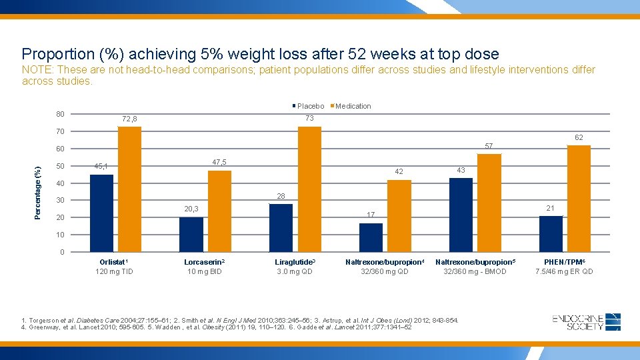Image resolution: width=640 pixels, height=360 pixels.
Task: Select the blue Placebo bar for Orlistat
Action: [x=101, y=213]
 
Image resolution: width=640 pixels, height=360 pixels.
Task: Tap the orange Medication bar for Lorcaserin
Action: [x=219, y=211]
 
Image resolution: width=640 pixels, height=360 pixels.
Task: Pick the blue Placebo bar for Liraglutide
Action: [x=281, y=227]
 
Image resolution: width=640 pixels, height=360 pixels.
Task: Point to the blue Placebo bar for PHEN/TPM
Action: [x=551, y=233]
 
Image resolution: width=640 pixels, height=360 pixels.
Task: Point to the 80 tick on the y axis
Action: [x=60, y=113]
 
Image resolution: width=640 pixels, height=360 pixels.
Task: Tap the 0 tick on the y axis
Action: [x=62, y=252]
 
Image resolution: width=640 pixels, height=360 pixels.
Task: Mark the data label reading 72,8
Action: [x=129, y=119]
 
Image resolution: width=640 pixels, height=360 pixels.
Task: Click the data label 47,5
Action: [x=219, y=163]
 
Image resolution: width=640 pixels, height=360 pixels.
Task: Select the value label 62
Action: [x=579, y=137]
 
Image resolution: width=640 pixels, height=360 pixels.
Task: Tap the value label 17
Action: [x=371, y=215]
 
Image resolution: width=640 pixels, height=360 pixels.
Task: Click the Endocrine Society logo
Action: [x=587, y=322]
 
